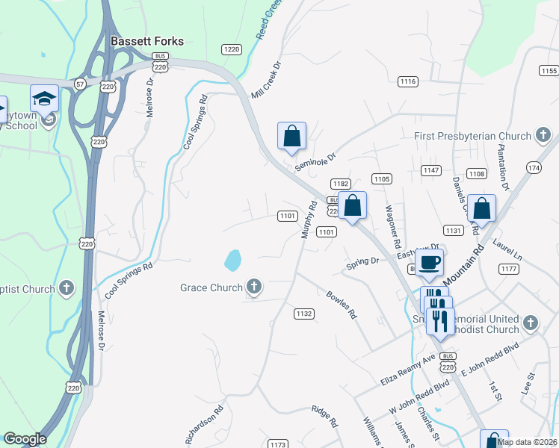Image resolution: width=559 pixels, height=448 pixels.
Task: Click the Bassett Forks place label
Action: click(147, 42)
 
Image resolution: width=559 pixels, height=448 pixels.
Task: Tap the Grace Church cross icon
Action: click(254, 287)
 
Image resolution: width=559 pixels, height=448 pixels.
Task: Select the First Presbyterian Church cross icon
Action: click(543, 136)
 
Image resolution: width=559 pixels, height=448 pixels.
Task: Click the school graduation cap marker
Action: click(45, 99)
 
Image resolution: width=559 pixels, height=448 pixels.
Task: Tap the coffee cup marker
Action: click(430, 263)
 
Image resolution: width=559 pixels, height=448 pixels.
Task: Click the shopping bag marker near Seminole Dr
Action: click(291, 137)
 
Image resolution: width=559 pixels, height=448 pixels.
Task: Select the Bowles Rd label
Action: click(342, 305)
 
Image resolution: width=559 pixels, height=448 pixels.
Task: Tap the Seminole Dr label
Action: click(316, 160)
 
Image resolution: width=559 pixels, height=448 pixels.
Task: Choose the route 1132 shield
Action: click(303, 314)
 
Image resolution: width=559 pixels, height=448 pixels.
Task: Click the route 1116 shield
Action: click(408, 81)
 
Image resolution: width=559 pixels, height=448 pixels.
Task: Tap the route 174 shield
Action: click(534, 169)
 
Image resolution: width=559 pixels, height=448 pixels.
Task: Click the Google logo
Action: click(25, 439)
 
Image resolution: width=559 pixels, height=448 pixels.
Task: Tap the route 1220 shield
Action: click(232, 49)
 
